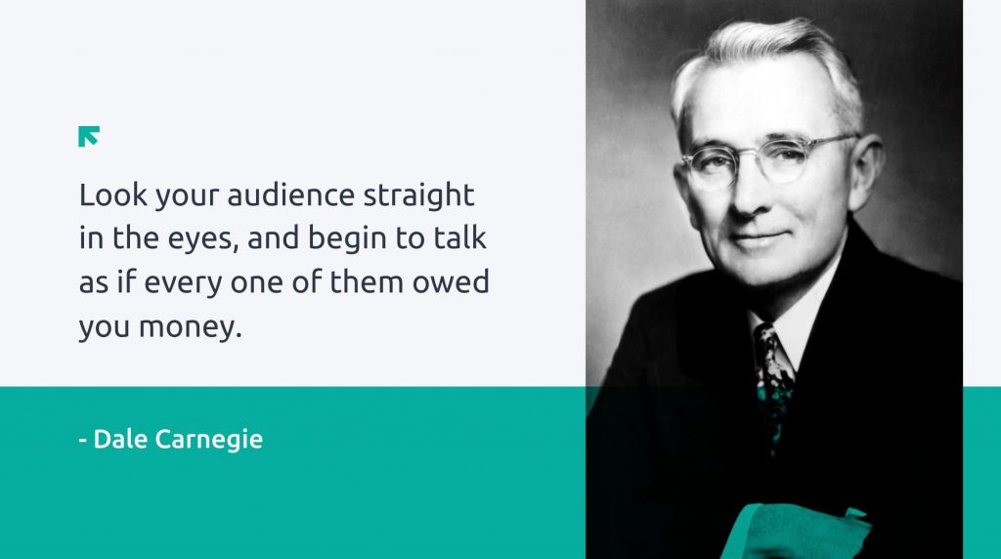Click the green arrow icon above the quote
click(x=89, y=136)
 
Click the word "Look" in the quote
click(x=113, y=194)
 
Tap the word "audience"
click(x=290, y=194)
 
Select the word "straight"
click(x=418, y=196)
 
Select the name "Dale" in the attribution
click(x=120, y=439)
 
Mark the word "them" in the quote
click(x=366, y=281)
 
